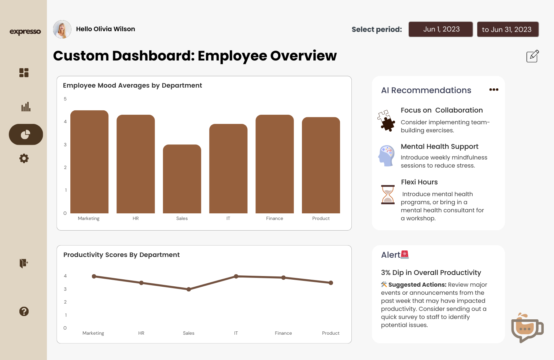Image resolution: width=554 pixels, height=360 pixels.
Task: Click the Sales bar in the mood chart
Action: tap(182, 179)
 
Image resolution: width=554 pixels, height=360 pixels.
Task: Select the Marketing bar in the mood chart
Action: tap(89, 162)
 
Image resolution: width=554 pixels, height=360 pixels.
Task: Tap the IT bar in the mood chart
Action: tap(228, 169)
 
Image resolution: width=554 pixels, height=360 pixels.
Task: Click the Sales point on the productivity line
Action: tap(189, 289)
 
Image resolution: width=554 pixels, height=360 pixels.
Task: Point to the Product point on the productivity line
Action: tap(331, 283)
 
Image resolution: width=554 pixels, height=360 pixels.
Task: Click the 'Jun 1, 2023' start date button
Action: tap(441, 29)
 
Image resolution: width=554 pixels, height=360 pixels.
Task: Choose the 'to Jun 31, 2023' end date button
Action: tap(507, 29)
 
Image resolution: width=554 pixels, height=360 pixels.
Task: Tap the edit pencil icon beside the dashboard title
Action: tap(532, 56)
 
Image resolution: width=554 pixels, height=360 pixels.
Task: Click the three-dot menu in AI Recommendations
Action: tap(494, 90)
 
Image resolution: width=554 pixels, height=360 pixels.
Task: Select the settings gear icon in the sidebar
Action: tap(24, 158)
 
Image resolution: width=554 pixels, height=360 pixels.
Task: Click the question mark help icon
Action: tap(24, 311)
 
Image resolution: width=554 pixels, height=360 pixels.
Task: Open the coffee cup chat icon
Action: tap(527, 328)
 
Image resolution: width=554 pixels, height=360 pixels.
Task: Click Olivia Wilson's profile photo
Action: tap(62, 29)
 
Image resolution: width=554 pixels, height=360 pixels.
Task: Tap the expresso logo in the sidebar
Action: tap(25, 32)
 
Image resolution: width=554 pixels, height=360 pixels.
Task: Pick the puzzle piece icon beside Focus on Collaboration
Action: tap(386, 121)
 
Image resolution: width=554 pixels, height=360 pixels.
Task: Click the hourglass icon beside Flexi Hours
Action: tap(388, 194)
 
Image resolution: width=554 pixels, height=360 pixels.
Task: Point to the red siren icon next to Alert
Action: tap(405, 254)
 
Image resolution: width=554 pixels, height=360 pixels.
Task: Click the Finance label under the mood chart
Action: tap(274, 218)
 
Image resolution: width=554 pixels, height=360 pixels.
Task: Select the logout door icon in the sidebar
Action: tap(24, 263)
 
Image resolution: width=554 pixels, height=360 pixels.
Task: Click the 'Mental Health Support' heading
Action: tap(439, 147)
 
